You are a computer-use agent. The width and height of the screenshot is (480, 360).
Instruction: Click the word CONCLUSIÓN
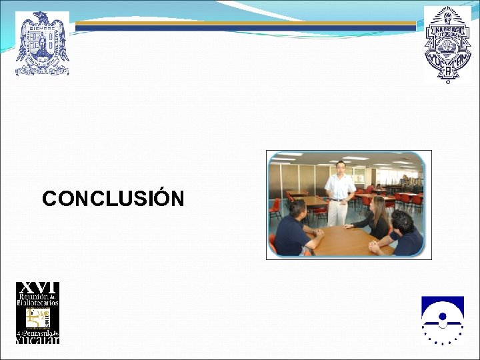(113, 199)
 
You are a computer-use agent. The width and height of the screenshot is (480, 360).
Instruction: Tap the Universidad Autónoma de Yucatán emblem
(447, 45)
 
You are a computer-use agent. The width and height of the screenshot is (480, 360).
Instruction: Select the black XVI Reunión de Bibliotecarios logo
(38, 313)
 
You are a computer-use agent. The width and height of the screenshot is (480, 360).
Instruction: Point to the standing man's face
(341, 167)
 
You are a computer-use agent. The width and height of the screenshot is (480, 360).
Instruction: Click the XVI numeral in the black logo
(38, 287)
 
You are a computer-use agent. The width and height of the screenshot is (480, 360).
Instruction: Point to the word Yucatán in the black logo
(38, 339)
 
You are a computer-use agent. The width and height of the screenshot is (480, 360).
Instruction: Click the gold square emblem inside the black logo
(34, 317)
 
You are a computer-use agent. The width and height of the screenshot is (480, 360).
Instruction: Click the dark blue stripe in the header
(247, 28)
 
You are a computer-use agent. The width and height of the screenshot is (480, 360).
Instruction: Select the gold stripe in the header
(247, 23)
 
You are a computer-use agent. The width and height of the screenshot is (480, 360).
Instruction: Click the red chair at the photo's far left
(274, 209)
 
